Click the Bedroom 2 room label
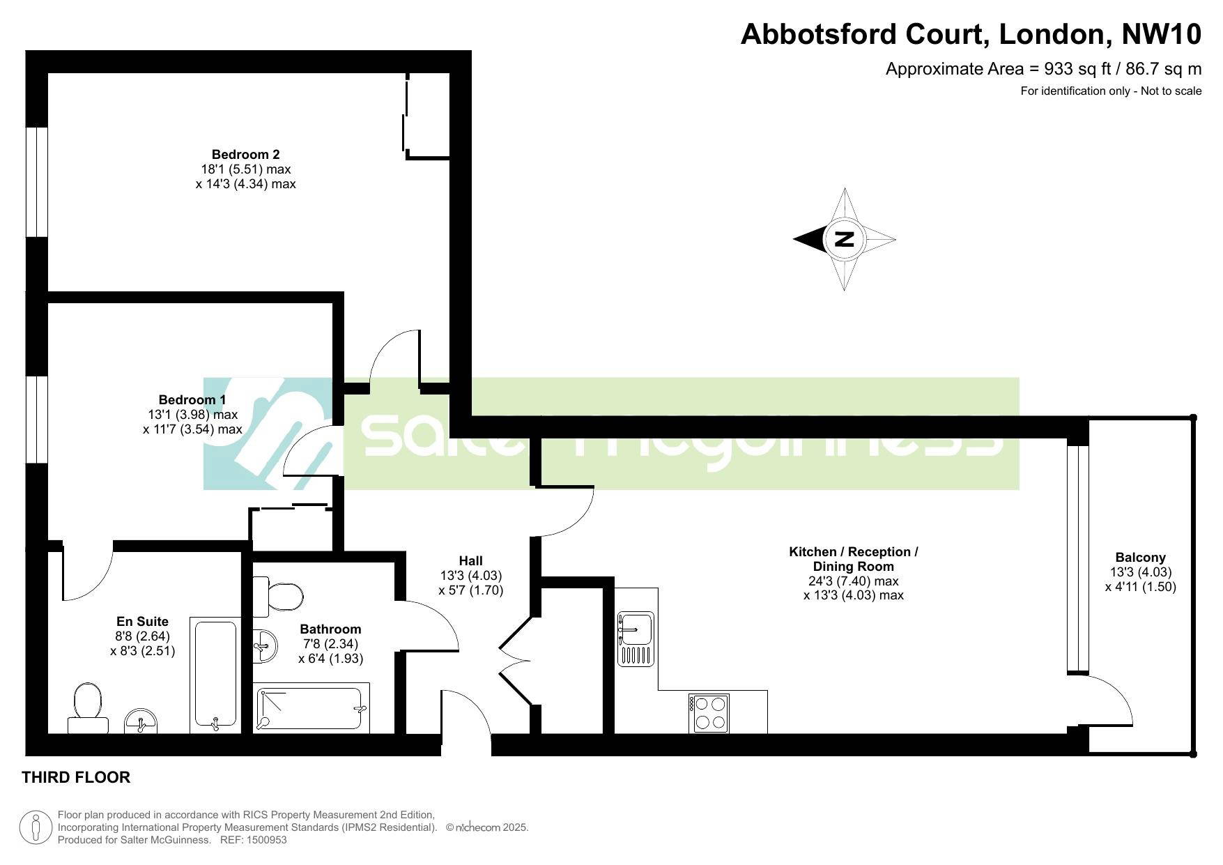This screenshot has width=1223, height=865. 246,154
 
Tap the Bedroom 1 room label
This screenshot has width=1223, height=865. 192,399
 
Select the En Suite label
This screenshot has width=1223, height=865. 142,621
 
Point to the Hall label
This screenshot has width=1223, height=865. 470,560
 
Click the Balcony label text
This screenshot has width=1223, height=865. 1140,557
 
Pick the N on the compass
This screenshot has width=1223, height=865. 844,239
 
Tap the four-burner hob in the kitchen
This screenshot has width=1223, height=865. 709,713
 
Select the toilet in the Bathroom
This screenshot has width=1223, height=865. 278,597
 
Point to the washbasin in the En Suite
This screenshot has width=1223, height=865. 141,721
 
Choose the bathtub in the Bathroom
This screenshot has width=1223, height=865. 311,709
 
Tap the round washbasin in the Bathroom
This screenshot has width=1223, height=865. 264,645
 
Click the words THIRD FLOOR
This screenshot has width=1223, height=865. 76,777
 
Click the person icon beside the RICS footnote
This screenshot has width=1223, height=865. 36,827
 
